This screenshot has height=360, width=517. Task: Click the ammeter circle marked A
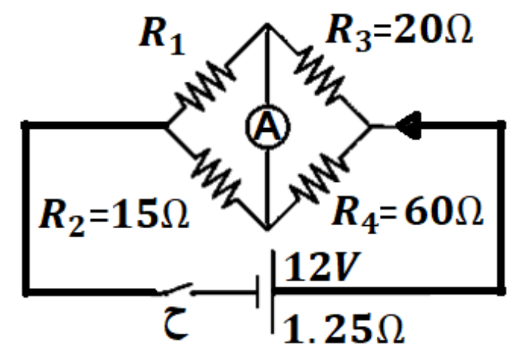coord(268,106)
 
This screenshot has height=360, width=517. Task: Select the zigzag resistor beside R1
coord(205,86)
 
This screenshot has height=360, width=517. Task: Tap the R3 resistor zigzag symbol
coord(319,75)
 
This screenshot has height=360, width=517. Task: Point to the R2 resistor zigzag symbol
coord(216,178)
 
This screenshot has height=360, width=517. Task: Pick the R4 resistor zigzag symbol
coord(319,178)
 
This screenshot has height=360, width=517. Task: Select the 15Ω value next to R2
coord(151,214)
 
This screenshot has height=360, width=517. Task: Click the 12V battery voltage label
coord(323,267)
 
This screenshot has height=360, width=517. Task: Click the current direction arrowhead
coord(408,125)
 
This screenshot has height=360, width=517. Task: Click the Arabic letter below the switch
coord(176,323)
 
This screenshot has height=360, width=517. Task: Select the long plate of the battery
coord(273,292)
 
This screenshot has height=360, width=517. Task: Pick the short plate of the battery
coord(257,292)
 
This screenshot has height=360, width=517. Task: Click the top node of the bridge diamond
coord(268,24)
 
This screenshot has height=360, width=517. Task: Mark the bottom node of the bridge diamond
coord(268,228)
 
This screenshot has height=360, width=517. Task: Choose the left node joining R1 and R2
coord(166,126)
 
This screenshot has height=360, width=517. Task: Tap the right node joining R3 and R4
coord(370,126)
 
